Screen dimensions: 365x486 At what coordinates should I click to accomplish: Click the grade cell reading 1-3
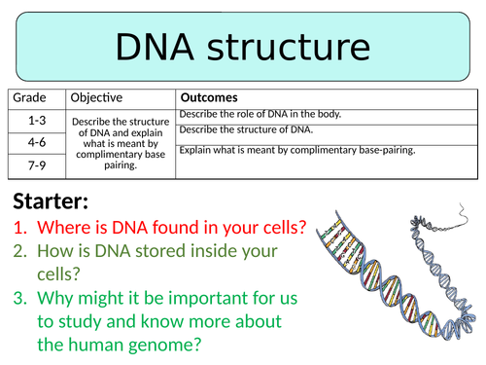(36, 119)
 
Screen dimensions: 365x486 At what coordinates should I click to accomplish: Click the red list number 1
(19, 230)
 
